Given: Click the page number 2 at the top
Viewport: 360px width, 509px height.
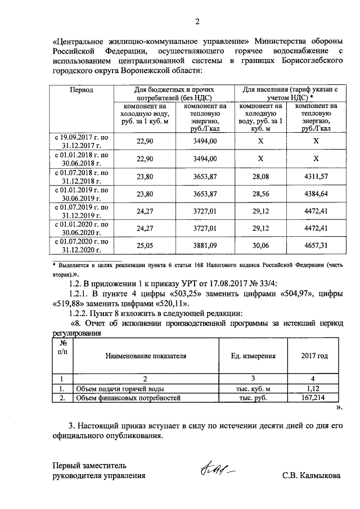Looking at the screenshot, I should pyautogui.click(x=197, y=22).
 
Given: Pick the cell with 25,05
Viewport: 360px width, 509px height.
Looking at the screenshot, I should pyautogui.click(x=145, y=246).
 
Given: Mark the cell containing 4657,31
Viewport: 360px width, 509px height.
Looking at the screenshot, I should pyautogui.click(x=316, y=246).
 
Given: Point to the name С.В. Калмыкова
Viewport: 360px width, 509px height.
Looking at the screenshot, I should pyautogui.click(x=311, y=475).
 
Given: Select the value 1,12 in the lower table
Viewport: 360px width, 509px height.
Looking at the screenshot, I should pyautogui.click(x=314, y=388).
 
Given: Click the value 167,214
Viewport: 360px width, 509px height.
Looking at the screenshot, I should pyautogui.click(x=314, y=398).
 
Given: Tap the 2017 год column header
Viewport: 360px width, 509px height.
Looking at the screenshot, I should pyautogui.click(x=314, y=356).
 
